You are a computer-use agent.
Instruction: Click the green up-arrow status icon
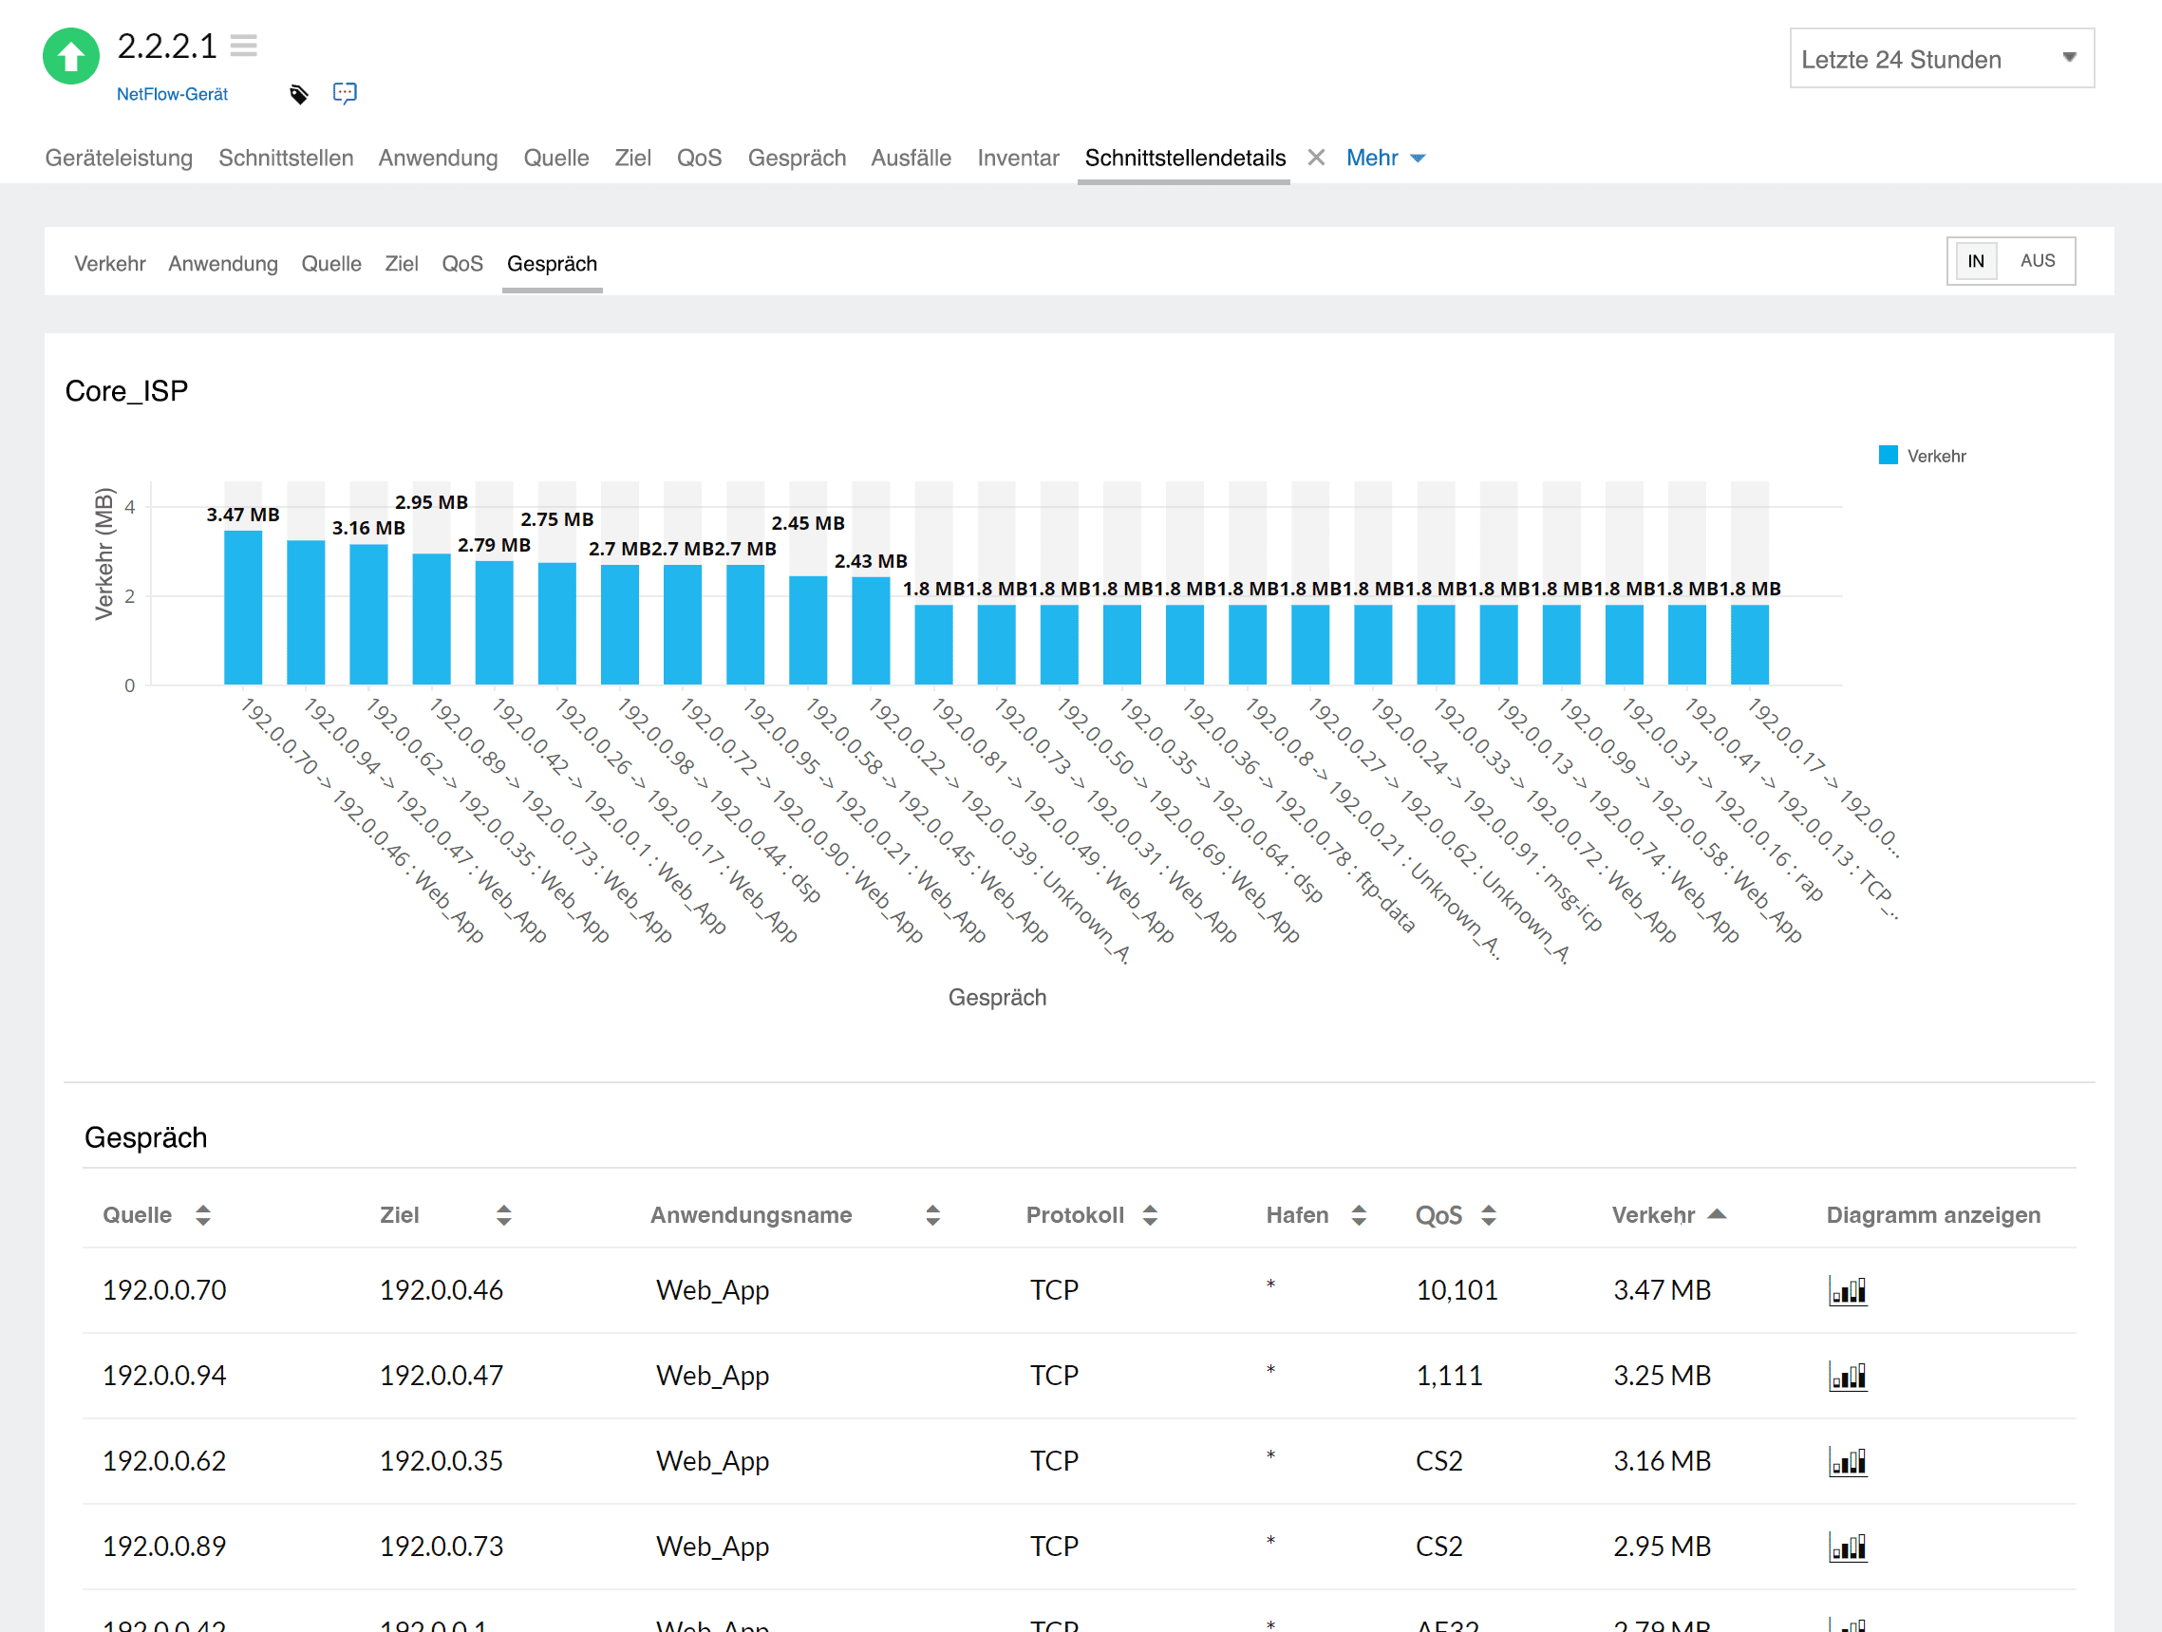pos(70,57)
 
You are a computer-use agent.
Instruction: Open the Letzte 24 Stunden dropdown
pos(1940,59)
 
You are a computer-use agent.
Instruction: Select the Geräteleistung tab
pos(119,159)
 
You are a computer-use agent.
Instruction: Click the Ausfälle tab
pos(910,159)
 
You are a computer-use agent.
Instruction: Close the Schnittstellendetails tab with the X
pos(1316,158)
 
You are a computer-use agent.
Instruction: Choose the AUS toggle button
pos(2037,261)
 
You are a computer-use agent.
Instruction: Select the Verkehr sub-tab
pos(109,264)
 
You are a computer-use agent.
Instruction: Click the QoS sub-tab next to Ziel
pos(461,264)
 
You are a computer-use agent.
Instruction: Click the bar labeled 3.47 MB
pos(242,607)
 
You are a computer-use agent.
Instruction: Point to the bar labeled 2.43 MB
pos(870,630)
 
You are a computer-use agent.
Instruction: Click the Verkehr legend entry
pos(1922,457)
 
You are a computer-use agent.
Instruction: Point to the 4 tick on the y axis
pos(129,507)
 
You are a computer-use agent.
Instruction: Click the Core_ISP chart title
pos(126,391)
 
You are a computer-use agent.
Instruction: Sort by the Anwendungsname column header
pos(751,1214)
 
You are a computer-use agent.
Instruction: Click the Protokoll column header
pos(1074,1214)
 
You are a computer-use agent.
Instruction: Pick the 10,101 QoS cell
pos(1457,1290)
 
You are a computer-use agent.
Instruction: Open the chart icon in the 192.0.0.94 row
pos(1848,1376)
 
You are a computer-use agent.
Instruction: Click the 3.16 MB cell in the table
pos(1661,1461)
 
